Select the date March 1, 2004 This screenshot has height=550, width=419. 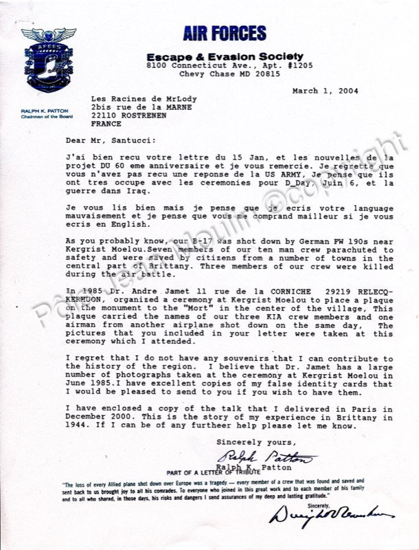click(x=325, y=91)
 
